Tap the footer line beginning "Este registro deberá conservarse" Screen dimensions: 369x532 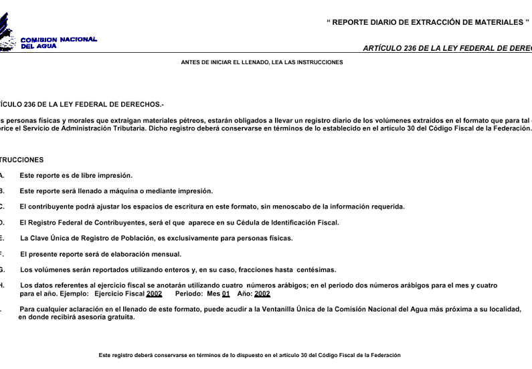(250, 355)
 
